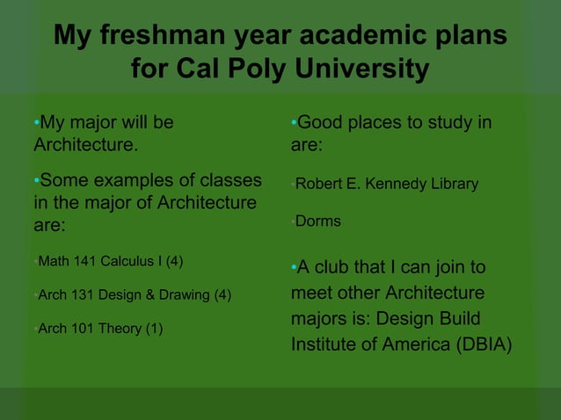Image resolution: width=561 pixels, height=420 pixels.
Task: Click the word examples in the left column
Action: click(x=141, y=181)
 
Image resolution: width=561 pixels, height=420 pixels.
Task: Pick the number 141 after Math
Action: click(x=84, y=262)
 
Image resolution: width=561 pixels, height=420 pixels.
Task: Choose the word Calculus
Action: click(x=132, y=262)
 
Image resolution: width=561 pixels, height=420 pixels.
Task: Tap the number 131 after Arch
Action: click(x=83, y=295)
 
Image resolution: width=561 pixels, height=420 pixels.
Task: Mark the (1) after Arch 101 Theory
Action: click(x=155, y=329)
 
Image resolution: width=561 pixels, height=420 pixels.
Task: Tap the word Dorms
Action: click(x=317, y=222)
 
